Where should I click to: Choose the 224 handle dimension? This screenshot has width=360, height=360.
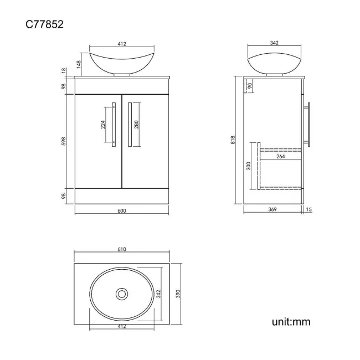(103, 125)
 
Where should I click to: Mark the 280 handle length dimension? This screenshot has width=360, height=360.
(136, 125)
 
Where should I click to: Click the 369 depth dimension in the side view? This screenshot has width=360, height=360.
(272, 209)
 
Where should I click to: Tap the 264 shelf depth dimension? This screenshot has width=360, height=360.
(280, 156)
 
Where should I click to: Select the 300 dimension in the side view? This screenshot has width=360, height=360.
(249, 166)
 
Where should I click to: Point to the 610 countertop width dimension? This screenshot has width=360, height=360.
(122, 250)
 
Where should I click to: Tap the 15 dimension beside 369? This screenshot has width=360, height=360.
(308, 209)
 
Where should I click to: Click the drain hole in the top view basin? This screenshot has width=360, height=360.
(121, 293)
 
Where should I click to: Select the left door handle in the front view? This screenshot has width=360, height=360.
(114, 125)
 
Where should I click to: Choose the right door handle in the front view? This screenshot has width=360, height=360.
(128, 125)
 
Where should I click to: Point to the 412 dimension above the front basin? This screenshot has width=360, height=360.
(122, 44)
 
